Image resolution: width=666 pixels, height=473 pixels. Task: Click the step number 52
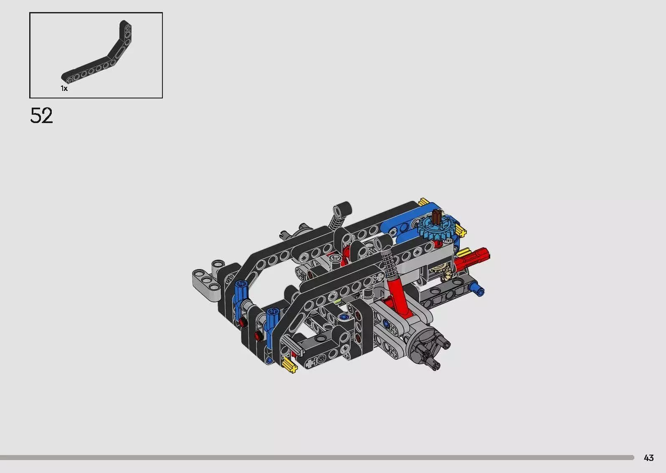[41, 116]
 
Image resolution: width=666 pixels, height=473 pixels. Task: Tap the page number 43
[649, 458]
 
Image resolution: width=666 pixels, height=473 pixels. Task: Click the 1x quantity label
[64, 88]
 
